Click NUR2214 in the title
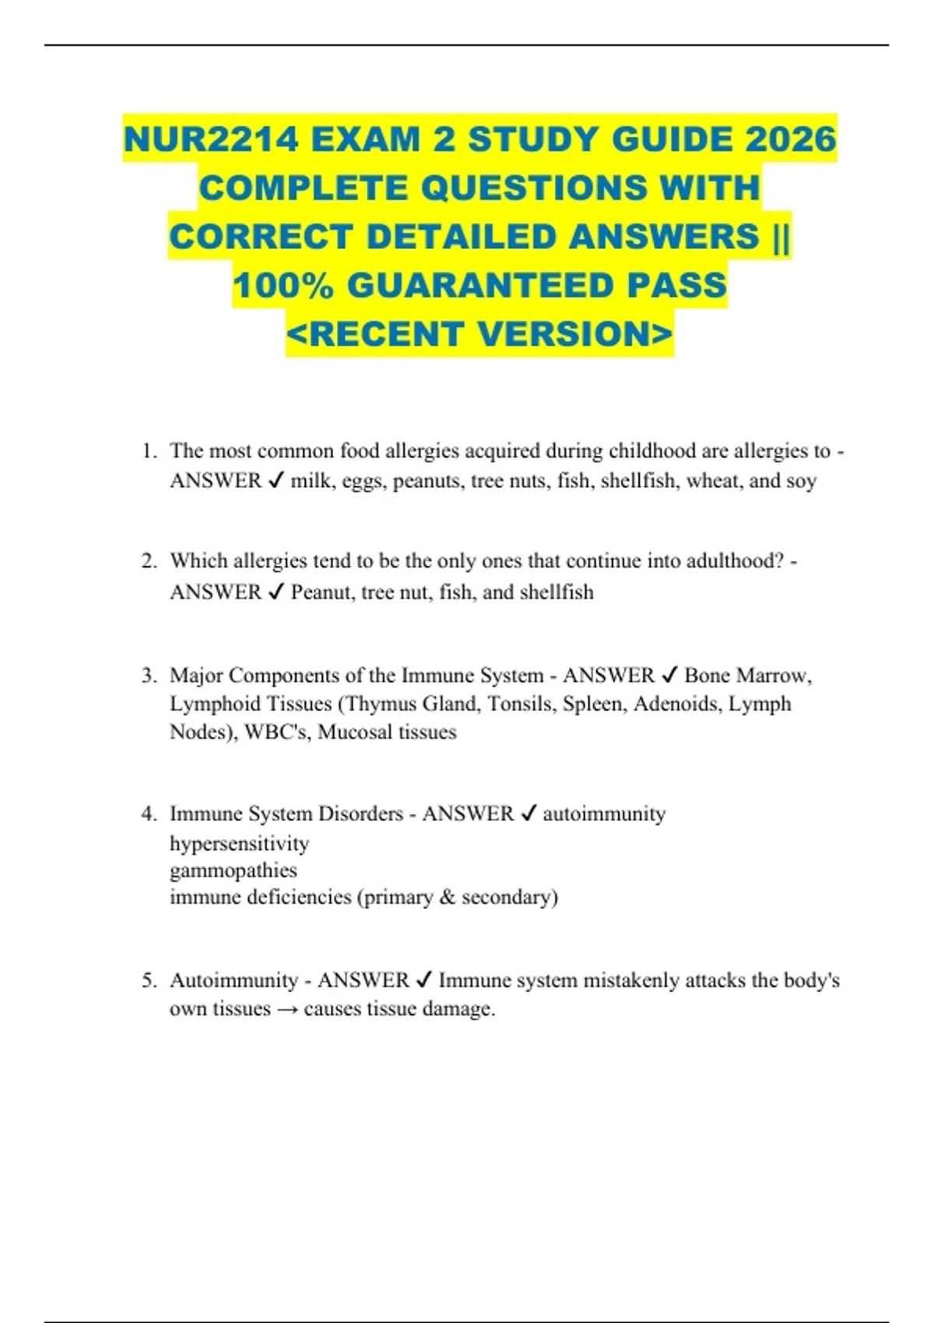211,140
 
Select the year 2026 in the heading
791,140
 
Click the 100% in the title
283,286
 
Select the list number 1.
148,451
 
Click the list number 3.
148,676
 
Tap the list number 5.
148,980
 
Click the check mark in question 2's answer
276,593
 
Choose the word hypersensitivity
239,844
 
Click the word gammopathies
233,870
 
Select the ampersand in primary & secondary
447,897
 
